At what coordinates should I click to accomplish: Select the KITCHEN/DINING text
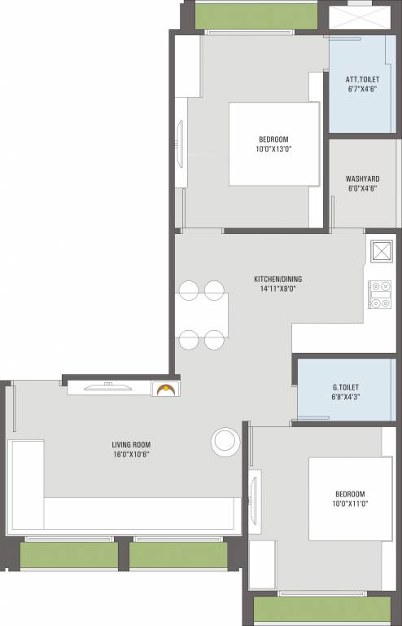(277, 278)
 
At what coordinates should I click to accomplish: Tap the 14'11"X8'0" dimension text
(277, 289)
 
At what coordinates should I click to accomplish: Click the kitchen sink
(380, 250)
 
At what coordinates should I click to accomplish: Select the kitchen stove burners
(380, 295)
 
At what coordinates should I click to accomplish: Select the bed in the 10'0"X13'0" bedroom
(273, 144)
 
